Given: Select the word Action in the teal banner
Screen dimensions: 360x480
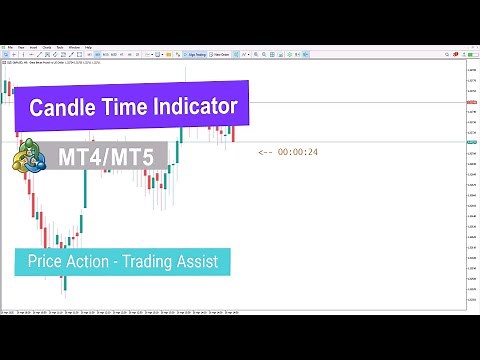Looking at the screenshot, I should (89, 263).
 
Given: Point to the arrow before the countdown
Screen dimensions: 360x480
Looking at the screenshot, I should (265, 152).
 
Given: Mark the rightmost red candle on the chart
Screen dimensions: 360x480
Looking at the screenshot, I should (233, 133).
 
